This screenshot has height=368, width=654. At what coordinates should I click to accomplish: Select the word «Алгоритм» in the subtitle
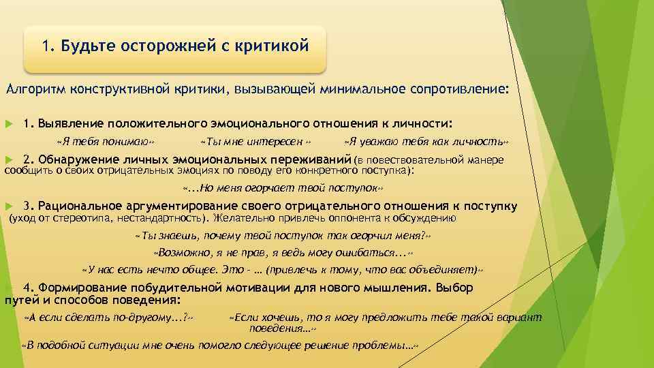(x=35, y=90)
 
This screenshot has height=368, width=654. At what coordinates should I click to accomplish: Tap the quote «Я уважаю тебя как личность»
(x=426, y=142)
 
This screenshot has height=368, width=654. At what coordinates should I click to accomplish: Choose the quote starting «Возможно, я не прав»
(x=283, y=252)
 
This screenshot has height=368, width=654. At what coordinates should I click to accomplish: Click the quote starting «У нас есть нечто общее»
(x=282, y=269)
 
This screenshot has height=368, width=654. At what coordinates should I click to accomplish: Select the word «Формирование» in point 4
(x=80, y=288)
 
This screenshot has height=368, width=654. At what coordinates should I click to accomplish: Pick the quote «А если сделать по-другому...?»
(x=108, y=318)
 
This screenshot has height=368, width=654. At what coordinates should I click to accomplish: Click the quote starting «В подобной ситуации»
(x=219, y=346)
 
